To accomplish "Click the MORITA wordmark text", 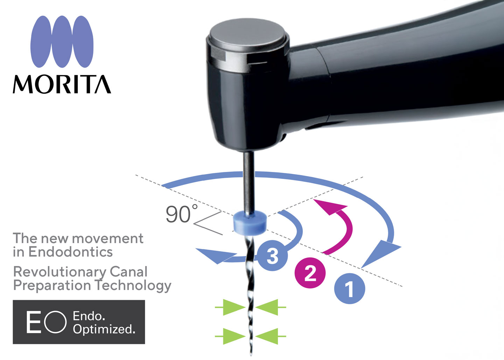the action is point(62,84).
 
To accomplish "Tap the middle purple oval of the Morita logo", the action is point(62,42).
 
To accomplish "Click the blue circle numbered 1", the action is point(349,289).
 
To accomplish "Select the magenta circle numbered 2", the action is point(310,273).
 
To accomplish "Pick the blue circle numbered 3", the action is point(272,256).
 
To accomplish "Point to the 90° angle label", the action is point(182,214).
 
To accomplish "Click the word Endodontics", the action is point(70,251).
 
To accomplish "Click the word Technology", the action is point(133,285).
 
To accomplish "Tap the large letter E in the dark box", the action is point(34,322).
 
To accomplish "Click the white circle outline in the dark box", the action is point(55,322).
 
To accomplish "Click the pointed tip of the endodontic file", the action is point(251,355).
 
